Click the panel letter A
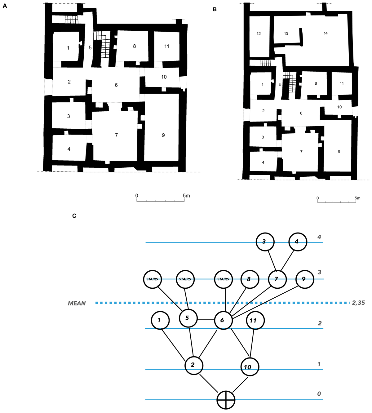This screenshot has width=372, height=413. point(5,6)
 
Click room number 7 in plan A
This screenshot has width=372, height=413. point(117,135)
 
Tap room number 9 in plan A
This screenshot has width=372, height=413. point(163,135)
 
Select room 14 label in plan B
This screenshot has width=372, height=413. point(325,33)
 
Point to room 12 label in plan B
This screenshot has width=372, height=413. point(259,34)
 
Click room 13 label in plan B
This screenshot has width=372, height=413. point(286,34)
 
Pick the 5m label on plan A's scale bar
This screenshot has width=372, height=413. point(186,196)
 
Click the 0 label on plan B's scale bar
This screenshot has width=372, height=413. point(317,198)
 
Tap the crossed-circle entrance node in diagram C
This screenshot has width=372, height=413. point(226,400)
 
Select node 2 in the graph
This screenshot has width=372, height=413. point(194,365)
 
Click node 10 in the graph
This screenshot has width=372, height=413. point(250,367)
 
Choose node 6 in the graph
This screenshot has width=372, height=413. point(223,320)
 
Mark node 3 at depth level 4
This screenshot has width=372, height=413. point(265,242)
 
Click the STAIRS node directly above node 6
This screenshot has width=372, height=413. point(223,279)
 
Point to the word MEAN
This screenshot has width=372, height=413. point(77,303)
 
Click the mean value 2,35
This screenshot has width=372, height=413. point(358,303)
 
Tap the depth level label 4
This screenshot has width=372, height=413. point(319,237)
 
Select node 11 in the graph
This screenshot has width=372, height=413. point(255,320)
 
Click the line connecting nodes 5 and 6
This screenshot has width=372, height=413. point(206,320)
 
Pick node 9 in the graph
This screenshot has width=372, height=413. point(305,279)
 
